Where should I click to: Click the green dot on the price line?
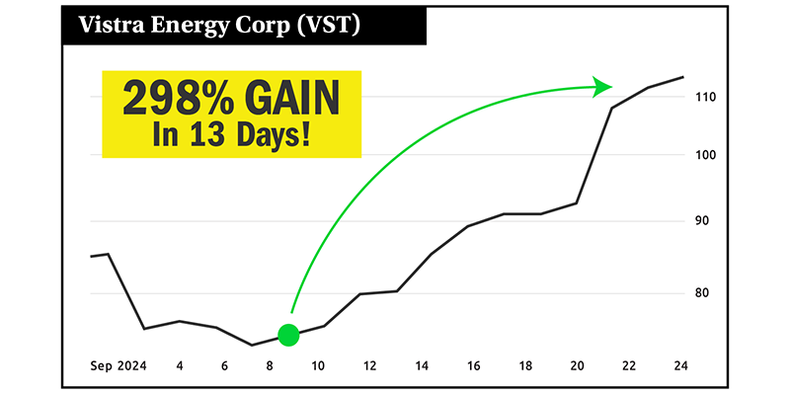(x=288, y=335)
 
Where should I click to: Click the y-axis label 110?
(x=704, y=97)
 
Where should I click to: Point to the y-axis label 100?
(x=704, y=156)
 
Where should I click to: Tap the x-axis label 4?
(x=180, y=366)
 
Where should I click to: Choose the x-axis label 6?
(x=225, y=366)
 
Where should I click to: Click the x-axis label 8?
(x=271, y=366)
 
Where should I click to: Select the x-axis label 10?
(x=319, y=366)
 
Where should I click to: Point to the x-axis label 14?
(x=422, y=366)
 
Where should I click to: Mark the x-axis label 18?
(x=525, y=366)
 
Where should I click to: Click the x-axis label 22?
(x=628, y=366)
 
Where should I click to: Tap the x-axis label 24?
(x=679, y=366)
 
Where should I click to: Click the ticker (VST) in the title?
(x=330, y=25)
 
